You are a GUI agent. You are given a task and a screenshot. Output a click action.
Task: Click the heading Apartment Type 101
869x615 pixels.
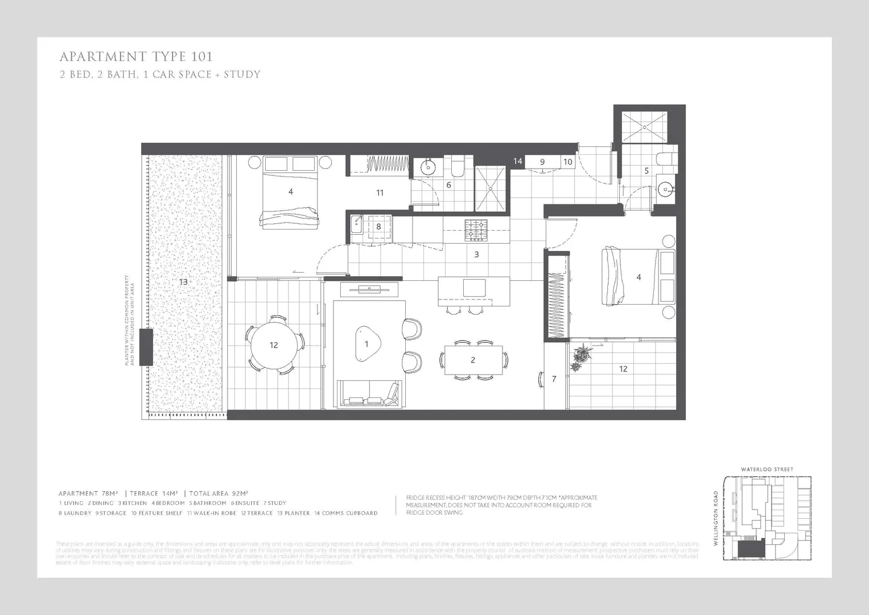pyautogui.click(x=136, y=56)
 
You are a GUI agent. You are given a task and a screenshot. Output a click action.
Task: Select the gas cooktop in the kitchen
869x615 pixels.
pyautogui.click(x=476, y=230)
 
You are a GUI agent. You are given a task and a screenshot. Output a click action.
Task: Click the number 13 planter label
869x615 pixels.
pyautogui.click(x=183, y=282)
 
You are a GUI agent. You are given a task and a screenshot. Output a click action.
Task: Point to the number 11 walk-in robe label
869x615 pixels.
pyautogui.click(x=380, y=192)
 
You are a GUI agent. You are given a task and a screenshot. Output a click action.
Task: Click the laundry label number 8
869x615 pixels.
pyautogui.click(x=378, y=227)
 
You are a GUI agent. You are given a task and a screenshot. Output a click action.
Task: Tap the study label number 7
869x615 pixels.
pyautogui.click(x=554, y=379)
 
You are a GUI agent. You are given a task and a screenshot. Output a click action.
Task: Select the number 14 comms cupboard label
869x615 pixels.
pyautogui.click(x=517, y=161)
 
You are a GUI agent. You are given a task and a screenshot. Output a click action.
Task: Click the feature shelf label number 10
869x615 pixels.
pyautogui.click(x=567, y=162)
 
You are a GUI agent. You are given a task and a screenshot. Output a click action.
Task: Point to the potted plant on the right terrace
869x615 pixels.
pyautogui.click(x=581, y=358)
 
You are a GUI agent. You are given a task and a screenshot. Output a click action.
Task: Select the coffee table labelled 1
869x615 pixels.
pyautogui.click(x=366, y=343)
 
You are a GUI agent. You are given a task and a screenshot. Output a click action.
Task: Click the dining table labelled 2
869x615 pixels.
pyautogui.click(x=473, y=360)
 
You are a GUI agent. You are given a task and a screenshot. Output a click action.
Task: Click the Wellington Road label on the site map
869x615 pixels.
pyautogui.click(x=716, y=518)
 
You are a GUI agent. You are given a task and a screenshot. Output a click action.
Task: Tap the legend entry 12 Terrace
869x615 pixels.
pyautogui.click(x=257, y=513)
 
